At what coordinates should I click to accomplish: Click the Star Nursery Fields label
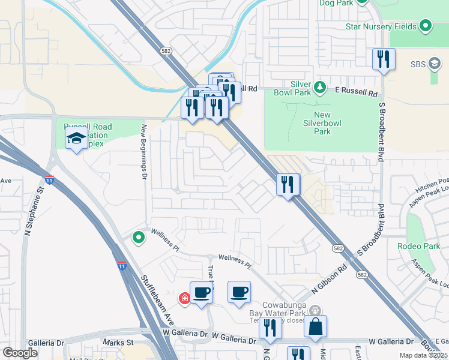(382, 26)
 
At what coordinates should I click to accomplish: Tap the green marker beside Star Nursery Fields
(426, 26)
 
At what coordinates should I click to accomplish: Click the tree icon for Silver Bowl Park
(321, 88)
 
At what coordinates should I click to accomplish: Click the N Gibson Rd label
(330, 279)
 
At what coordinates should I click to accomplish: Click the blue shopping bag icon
(315, 326)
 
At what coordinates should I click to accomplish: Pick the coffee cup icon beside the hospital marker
(202, 292)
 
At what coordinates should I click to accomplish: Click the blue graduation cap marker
(76, 139)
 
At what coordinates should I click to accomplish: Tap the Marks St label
(118, 343)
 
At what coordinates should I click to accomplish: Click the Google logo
(20, 353)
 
